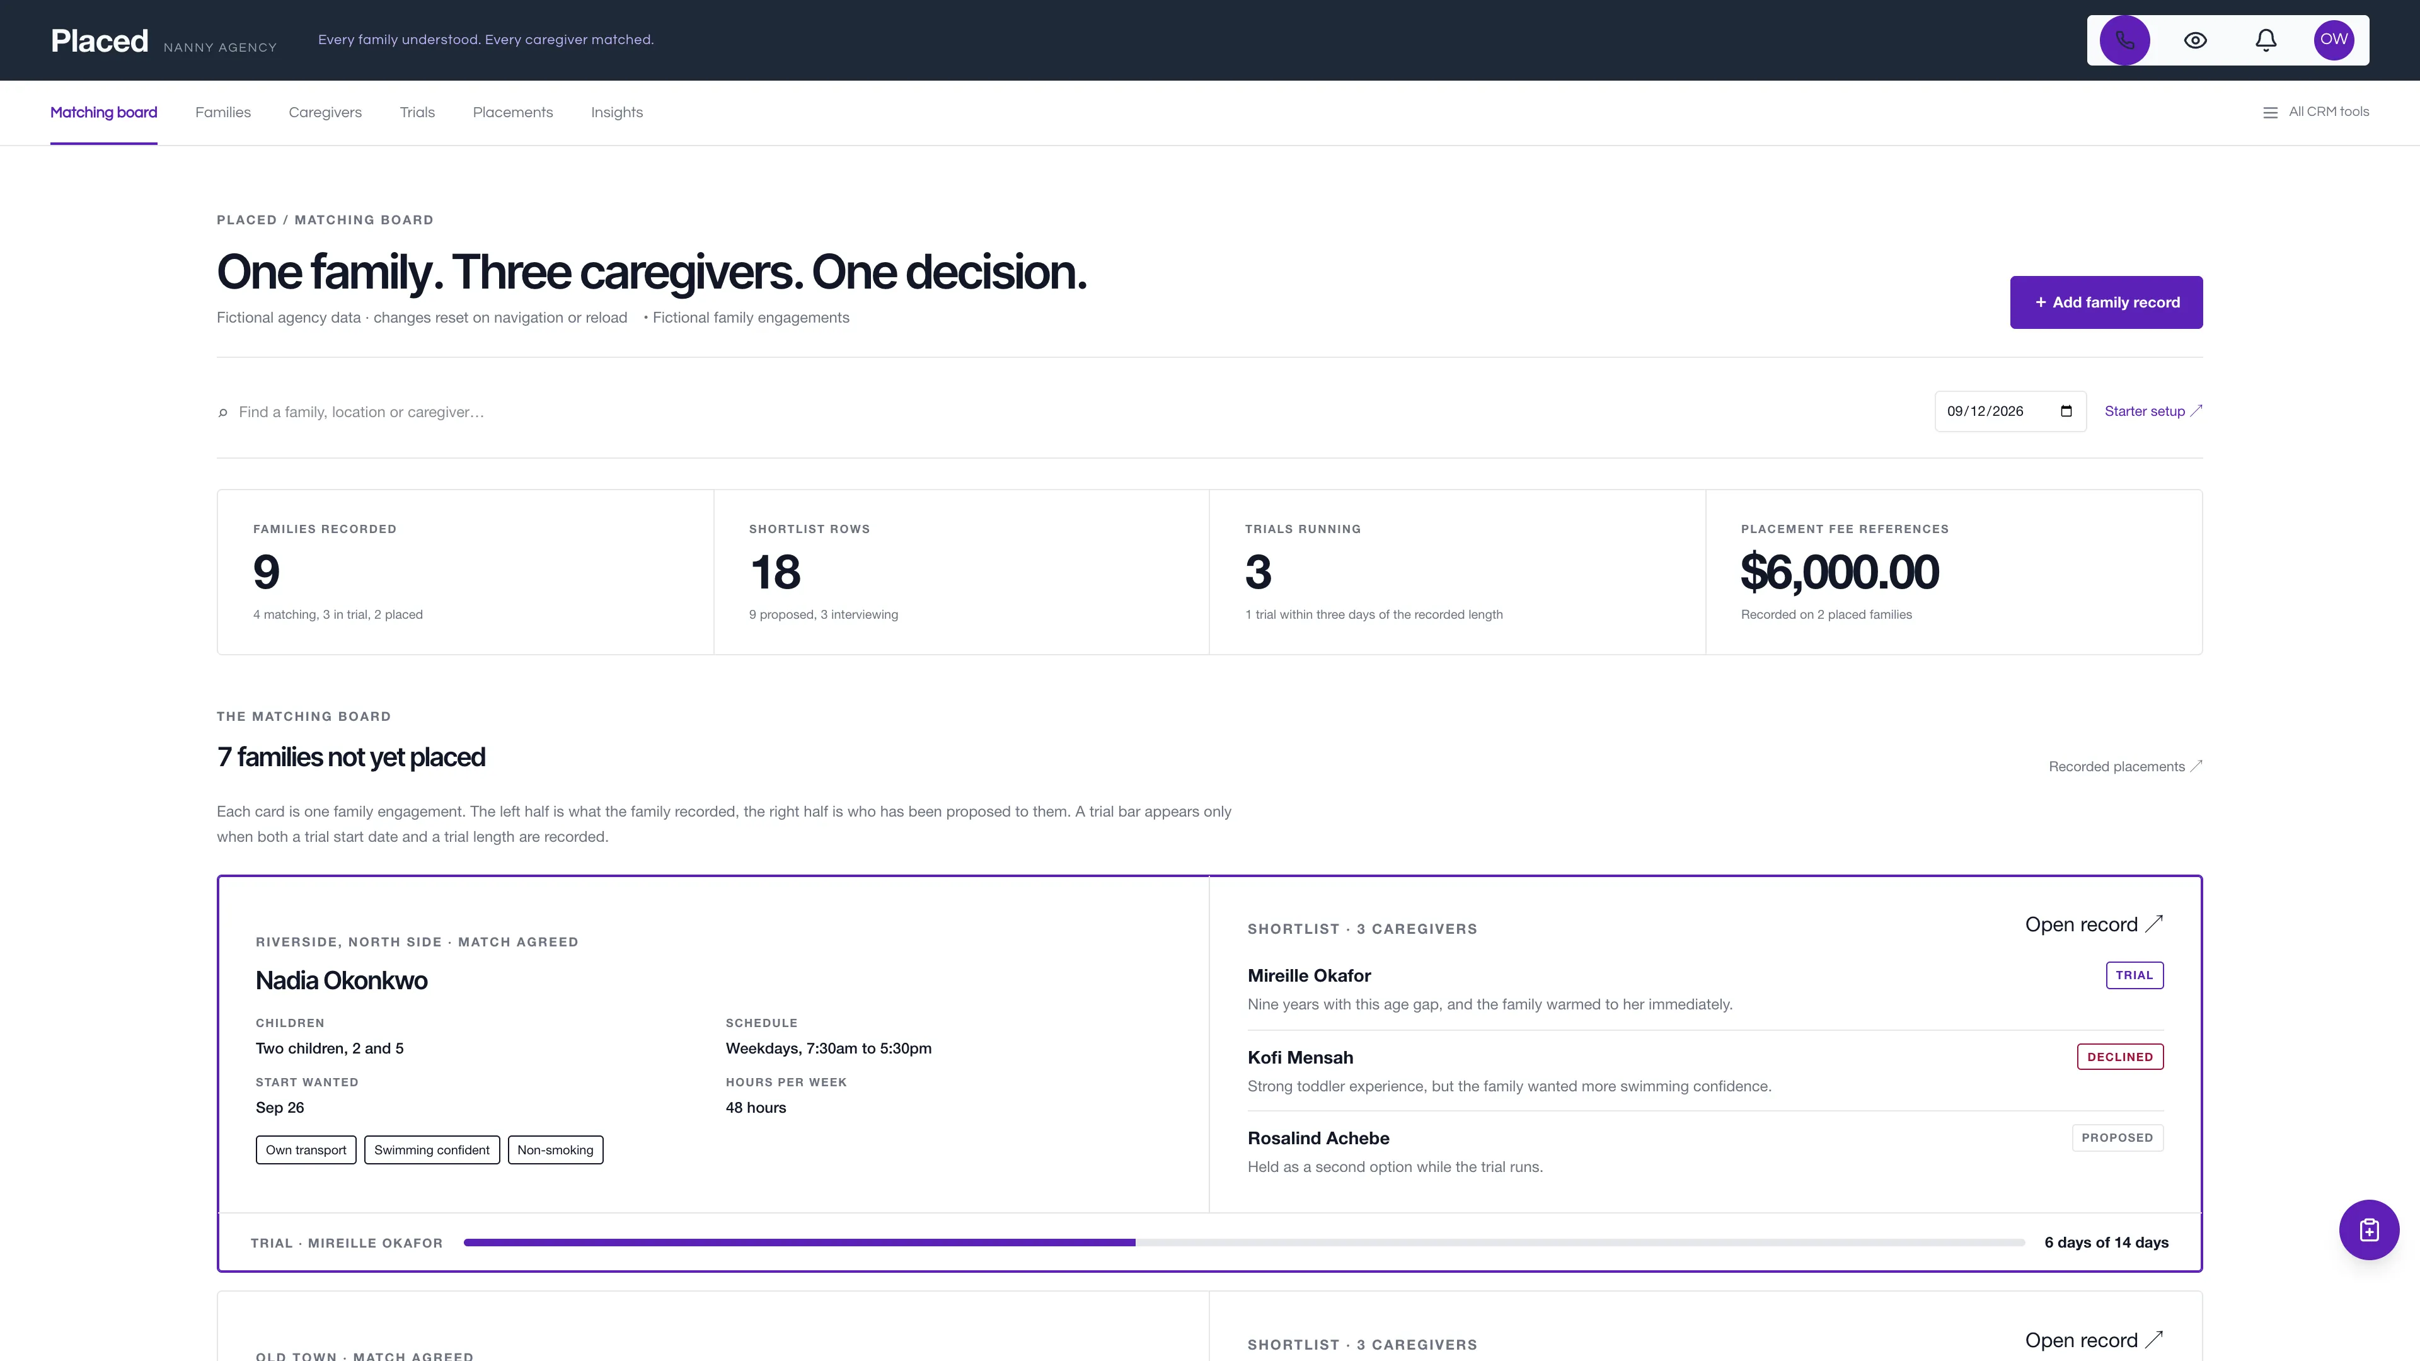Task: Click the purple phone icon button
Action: (2124, 40)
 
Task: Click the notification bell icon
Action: (2266, 40)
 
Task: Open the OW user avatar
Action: (2334, 40)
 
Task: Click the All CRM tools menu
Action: (2316, 112)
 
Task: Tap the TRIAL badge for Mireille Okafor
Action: (2135, 975)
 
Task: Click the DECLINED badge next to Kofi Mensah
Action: (2119, 1057)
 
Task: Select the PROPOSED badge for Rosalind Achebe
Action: (2117, 1137)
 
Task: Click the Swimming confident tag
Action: (431, 1150)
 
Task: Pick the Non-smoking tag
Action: (555, 1150)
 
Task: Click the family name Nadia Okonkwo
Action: (341, 980)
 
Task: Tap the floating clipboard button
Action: (2368, 1229)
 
